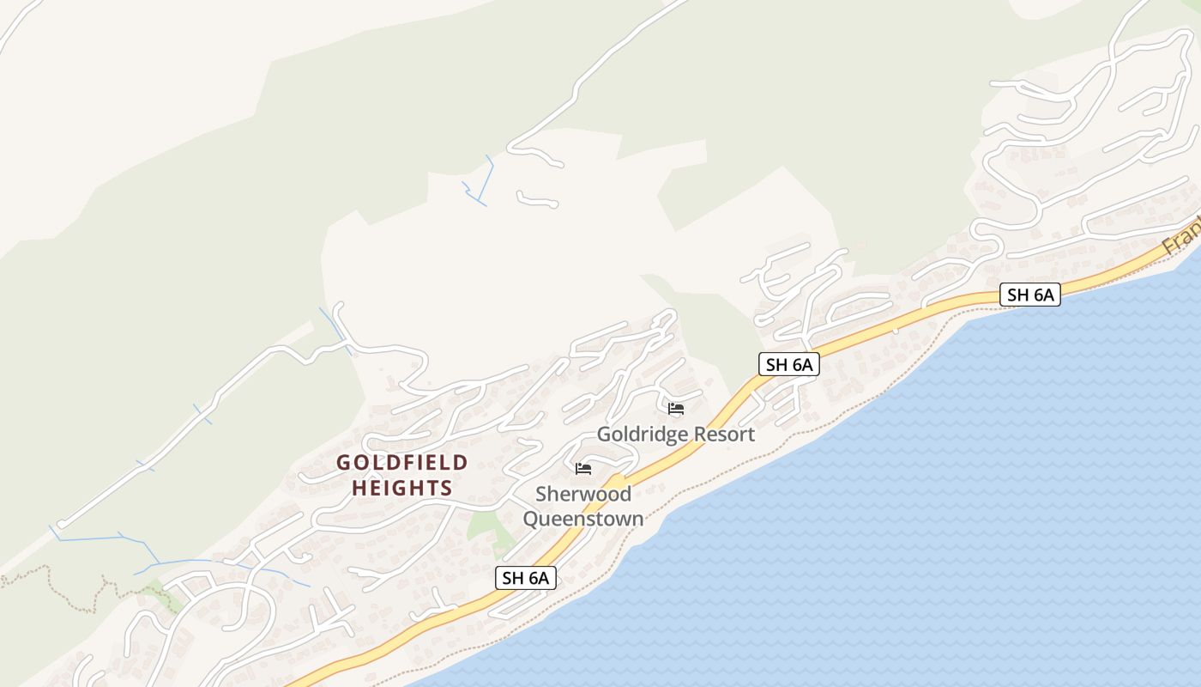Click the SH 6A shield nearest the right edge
tap(1029, 295)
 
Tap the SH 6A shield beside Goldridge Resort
tap(789, 364)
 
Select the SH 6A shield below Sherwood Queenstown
tap(526, 578)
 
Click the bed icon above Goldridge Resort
tap(676, 408)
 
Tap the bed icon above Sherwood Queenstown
tap(583, 468)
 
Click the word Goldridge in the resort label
tap(643, 435)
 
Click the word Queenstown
tap(583, 519)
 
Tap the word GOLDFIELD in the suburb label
tap(402, 463)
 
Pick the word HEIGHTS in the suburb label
tap(402, 489)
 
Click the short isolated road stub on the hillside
tap(537, 200)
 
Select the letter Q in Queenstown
tap(532, 519)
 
